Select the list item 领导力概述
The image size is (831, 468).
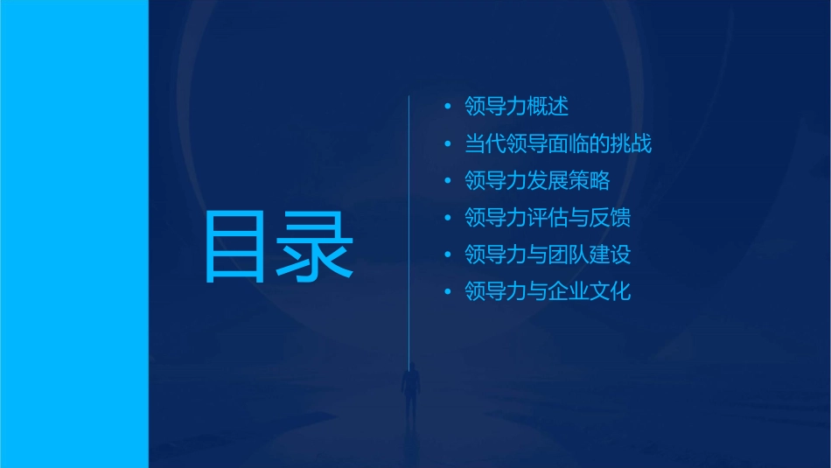pos(517,107)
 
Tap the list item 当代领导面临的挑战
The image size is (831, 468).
pos(558,143)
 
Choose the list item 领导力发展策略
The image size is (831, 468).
pos(537,180)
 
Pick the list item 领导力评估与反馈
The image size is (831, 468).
pos(548,218)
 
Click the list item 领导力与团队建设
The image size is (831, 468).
pos(548,255)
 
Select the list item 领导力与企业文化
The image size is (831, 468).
pos(548,291)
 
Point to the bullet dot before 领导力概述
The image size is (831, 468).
pos(448,108)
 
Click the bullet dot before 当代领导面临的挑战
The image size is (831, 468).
pos(448,144)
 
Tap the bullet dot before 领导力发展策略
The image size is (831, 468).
pos(448,181)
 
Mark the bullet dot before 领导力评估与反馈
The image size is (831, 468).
pos(448,218)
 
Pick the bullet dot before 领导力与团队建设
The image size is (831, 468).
pos(448,255)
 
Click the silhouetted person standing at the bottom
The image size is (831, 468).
pos(409,389)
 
